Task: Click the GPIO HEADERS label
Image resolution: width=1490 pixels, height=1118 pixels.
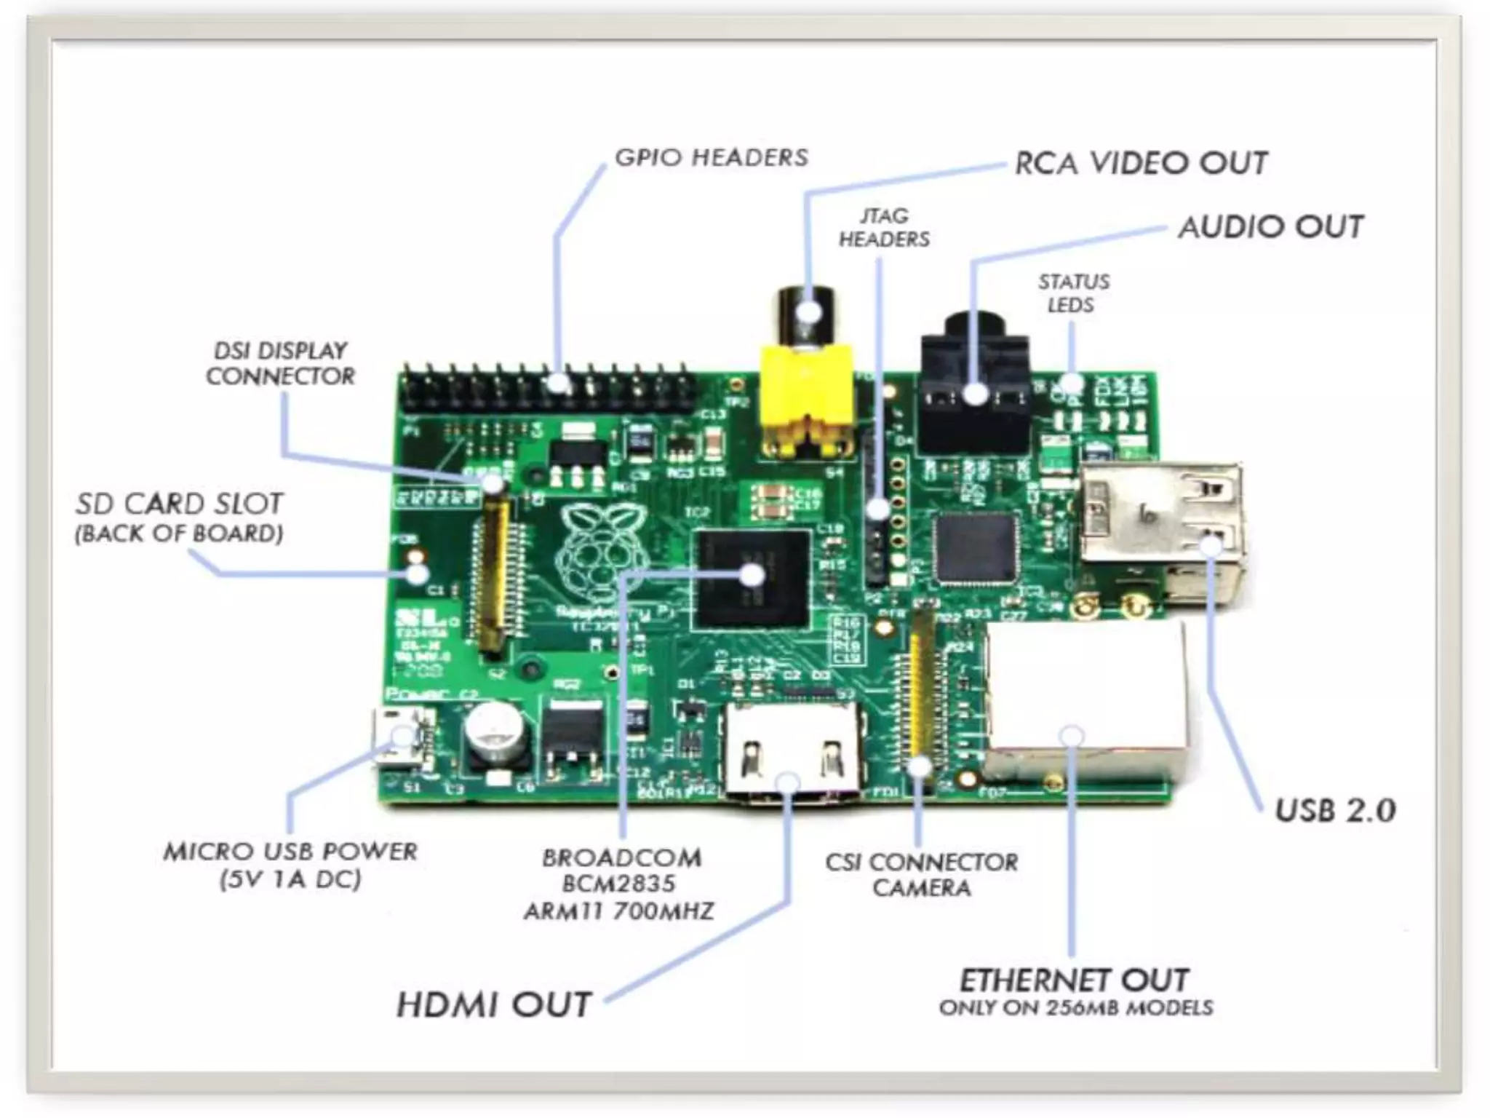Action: point(711,157)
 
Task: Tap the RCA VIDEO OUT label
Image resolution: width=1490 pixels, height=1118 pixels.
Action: point(1141,163)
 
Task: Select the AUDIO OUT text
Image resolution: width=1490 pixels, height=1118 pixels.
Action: point(1270,226)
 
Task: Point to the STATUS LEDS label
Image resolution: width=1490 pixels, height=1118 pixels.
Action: point(1073,293)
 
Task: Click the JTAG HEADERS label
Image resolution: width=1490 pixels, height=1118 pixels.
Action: point(884,227)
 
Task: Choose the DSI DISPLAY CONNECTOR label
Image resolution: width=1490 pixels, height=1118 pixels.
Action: point(280,363)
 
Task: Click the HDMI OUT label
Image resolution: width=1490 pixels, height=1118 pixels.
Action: point(493,1004)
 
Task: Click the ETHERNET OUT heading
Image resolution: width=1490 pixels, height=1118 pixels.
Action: point(1075,981)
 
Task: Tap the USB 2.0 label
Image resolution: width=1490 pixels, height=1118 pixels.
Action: point(1335,810)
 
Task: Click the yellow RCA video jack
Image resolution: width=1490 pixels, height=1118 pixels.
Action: point(806,397)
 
